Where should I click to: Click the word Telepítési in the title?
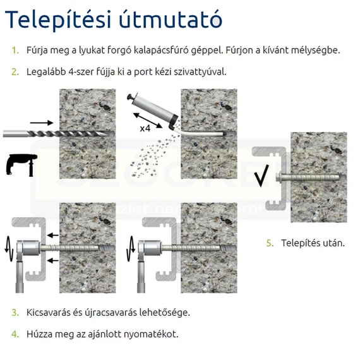coord(58,20)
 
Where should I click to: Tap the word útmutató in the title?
coord(171,19)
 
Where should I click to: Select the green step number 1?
coord(15,51)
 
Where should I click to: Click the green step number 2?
coord(15,72)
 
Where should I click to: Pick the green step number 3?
coord(15,313)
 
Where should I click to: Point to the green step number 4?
coord(15,334)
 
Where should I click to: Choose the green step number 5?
coord(270,243)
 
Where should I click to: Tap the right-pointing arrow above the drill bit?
coord(42,123)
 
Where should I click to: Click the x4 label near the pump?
coord(145,129)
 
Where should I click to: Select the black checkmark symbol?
coord(261,176)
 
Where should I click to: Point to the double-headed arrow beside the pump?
coord(148,121)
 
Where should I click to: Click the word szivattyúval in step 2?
coord(200,72)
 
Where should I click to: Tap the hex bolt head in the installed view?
coord(279,177)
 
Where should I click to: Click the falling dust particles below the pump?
coord(154,155)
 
